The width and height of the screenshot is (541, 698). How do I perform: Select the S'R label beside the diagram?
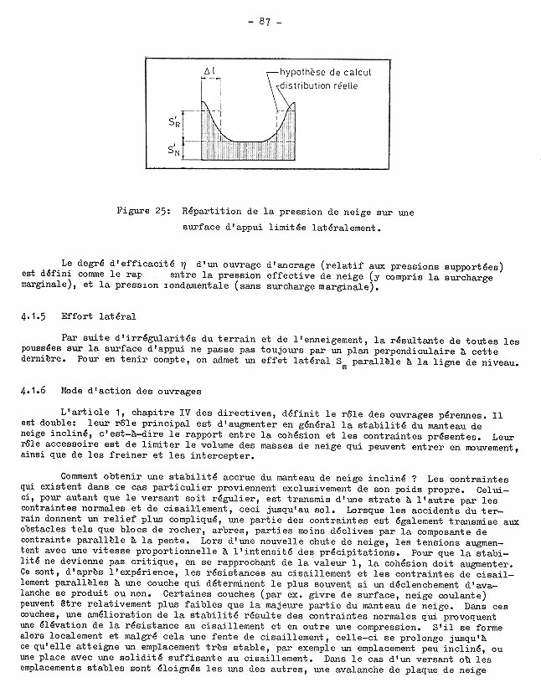point(172,121)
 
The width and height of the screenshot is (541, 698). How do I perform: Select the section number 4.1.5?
point(31,317)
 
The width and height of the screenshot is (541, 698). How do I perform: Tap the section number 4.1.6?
point(31,390)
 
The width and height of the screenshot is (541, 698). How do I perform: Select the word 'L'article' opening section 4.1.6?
point(85,413)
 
